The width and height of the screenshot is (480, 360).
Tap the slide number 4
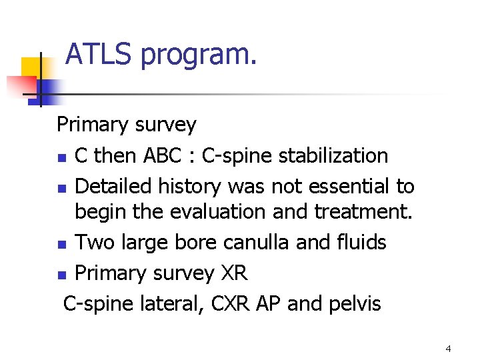(448, 349)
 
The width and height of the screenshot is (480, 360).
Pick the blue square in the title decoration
(48, 89)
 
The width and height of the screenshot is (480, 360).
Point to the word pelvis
(355, 305)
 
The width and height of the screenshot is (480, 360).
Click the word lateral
(171, 304)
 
